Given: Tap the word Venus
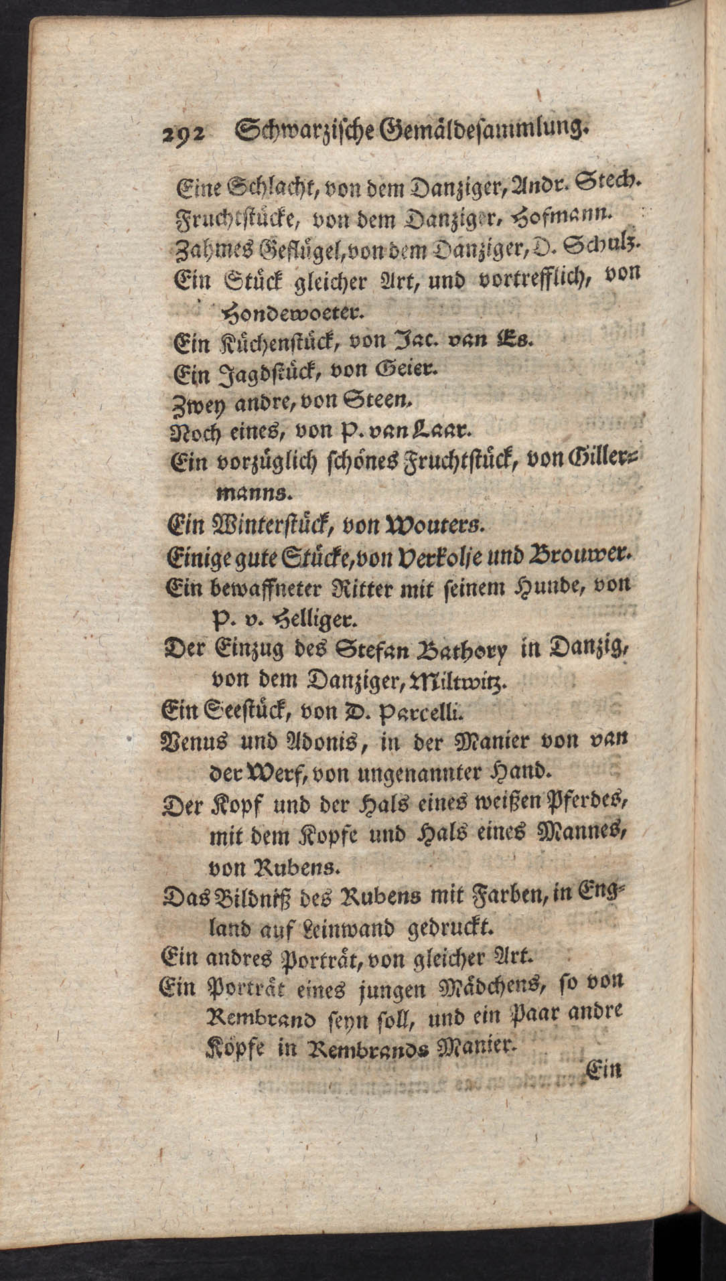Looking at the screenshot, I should (195, 741).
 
